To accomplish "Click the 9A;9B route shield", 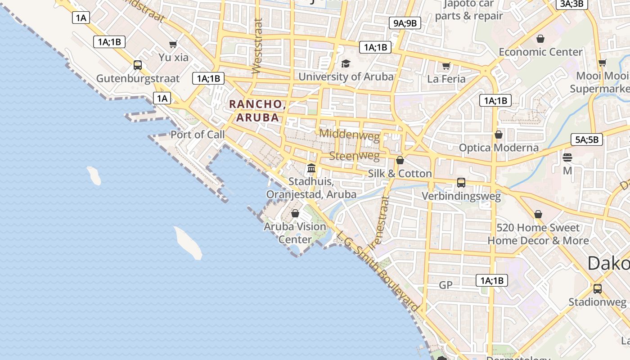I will point(405,23).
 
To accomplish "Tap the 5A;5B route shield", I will point(587,139).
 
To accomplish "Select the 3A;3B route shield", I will point(571,4).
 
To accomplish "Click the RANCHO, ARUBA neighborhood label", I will point(257,111).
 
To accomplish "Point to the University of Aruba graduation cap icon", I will point(346,64).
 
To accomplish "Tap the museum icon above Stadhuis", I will point(311,168).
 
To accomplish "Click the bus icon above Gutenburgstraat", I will point(138,65).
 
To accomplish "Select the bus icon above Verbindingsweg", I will point(461,182).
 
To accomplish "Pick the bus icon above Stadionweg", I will point(597,288).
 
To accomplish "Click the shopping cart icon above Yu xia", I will point(173,44).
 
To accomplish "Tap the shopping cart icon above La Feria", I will point(446,66).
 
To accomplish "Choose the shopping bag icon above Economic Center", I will point(540,39).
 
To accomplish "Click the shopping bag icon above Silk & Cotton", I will point(400,160).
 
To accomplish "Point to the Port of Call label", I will point(197,135).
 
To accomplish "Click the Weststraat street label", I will point(257,45).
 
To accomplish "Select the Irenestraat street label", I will point(379,222).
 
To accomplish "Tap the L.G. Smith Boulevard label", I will point(378,271).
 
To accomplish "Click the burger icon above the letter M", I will point(567,157).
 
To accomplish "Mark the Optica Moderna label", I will point(499,148).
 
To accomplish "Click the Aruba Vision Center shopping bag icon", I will point(295,213).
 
